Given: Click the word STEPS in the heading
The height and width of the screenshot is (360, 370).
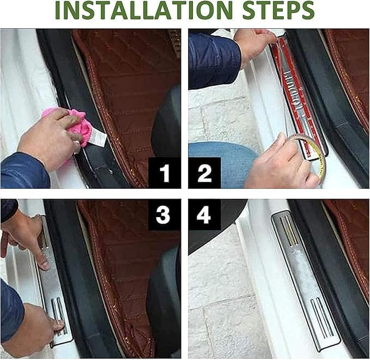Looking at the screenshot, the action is click(x=278, y=10).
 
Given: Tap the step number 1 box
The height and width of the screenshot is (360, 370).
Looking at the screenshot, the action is click(x=165, y=173).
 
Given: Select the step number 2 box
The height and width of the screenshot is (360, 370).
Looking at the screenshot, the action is click(x=204, y=173).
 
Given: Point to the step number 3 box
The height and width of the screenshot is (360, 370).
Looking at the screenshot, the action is click(x=165, y=214).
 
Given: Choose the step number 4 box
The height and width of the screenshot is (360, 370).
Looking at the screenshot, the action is click(x=204, y=214).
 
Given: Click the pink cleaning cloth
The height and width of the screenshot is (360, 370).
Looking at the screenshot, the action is click(x=71, y=128).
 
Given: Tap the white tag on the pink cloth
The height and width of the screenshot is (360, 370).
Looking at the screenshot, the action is click(x=98, y=137).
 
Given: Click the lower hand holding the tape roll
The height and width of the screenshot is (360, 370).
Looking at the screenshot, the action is click(x=281, y=163).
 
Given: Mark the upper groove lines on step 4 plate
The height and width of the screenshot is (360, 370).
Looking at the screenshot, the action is click(x=289, y=230).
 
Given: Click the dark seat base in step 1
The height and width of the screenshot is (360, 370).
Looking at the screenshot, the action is click(x=166, y=123).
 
